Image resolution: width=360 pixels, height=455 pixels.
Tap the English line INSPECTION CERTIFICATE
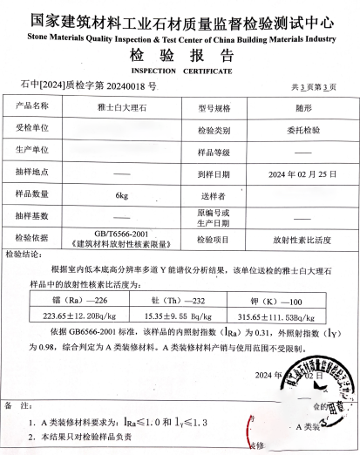click(181, 71)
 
